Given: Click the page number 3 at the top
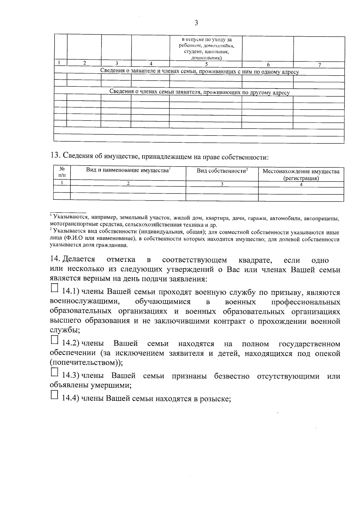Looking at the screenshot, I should pos(196,23).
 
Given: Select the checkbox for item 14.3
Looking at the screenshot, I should pos(54,372).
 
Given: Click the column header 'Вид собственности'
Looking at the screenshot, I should pos(222,171).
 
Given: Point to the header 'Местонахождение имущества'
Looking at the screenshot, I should pos(301,172).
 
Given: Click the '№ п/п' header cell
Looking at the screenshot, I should pos(62,172).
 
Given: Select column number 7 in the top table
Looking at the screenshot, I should pos(319,64).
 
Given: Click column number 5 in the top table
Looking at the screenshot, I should pos(206,64).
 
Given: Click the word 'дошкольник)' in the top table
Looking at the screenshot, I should pos(206,58).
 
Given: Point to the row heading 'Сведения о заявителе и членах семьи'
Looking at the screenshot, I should pos(199,72).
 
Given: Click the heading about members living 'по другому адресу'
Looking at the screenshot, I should pos(199,92).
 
